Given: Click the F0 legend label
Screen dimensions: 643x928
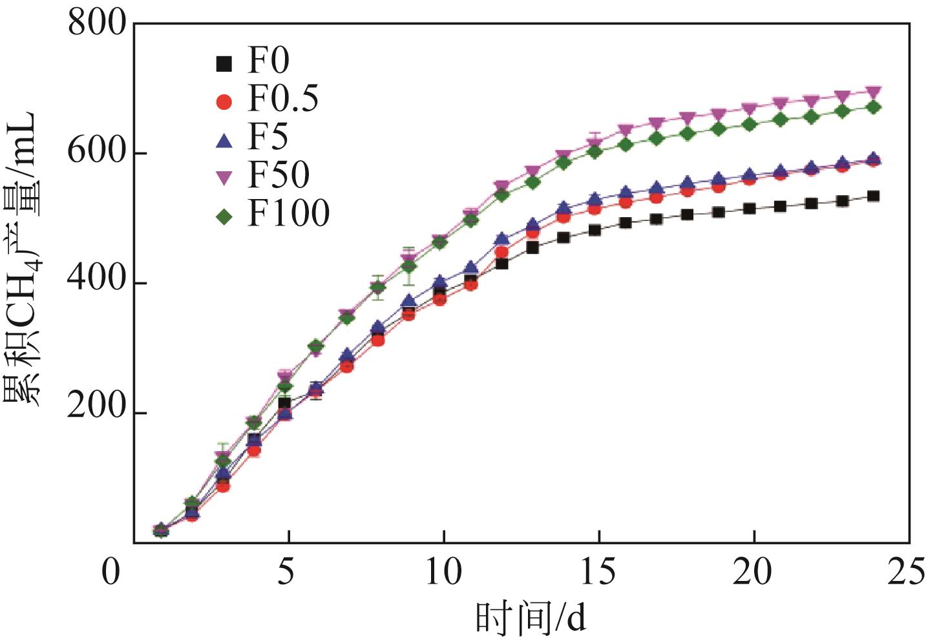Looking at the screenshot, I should click(x=268, y=62).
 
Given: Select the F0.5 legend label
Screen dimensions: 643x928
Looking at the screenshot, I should click(x=283, y=100).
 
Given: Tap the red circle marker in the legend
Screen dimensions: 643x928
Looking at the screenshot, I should click(x=224, y=101).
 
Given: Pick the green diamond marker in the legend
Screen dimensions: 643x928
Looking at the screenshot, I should click(x=224, y=216).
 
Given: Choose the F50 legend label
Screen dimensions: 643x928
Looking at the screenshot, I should click(x=279, y=174).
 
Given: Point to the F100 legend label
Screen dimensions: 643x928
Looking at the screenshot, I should click(x=288, y=213).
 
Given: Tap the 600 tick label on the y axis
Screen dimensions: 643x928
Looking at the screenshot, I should click(x=97, y=153).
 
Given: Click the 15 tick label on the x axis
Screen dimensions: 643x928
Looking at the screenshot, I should click(x=598, y=573).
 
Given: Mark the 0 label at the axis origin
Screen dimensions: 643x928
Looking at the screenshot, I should click(x=111, y=573).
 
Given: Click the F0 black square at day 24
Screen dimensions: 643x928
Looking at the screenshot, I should click(x=873, y=196).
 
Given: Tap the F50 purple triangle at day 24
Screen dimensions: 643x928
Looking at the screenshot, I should click(x=873, y=92).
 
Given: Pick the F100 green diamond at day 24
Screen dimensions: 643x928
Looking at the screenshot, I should click(x=873, y=107).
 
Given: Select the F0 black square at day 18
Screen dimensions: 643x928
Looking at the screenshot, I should click(x=687, y=214).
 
